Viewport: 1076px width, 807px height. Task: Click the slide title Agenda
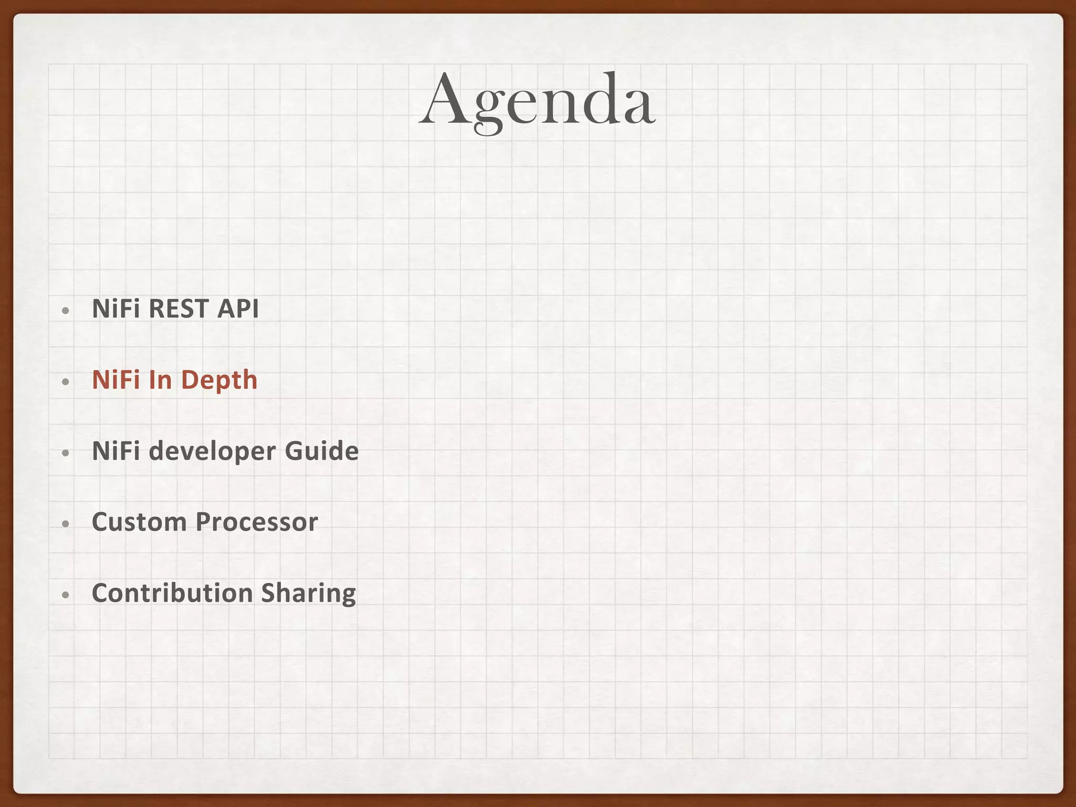click(537, 101)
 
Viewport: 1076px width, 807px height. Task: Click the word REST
click(179, 309)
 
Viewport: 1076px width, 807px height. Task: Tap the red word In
click(160, 380)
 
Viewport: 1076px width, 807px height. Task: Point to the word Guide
click(322, 451)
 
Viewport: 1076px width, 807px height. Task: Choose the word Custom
click(139, 522)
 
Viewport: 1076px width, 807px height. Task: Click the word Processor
click(257, 522)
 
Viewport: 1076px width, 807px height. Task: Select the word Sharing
click(308, 594)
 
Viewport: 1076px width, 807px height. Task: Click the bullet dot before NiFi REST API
click(65, 311)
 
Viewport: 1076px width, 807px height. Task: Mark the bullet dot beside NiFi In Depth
click(65, 382)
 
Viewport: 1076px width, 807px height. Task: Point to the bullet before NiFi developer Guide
click(65, 453)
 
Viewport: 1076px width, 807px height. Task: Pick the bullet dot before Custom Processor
click(65, 524)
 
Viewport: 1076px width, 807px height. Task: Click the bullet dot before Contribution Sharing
click(65, 595)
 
